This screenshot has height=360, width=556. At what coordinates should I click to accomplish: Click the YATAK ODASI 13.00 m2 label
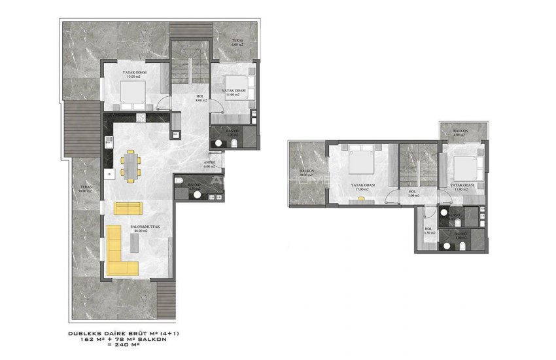click(135, 74)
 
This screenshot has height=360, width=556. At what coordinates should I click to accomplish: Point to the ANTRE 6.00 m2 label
click(209, 165)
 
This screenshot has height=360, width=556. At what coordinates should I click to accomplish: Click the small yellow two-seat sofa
click(128, 208)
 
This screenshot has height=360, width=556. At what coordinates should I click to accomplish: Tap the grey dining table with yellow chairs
click(132, 164)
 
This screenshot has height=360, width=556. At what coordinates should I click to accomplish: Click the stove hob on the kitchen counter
click(141, 118)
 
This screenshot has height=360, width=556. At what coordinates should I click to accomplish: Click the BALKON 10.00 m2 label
click(307, 173)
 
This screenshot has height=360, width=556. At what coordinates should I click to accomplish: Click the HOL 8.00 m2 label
click(200, 99)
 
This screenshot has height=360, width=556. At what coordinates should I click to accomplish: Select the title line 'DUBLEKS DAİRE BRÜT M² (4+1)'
click(124, 333)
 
